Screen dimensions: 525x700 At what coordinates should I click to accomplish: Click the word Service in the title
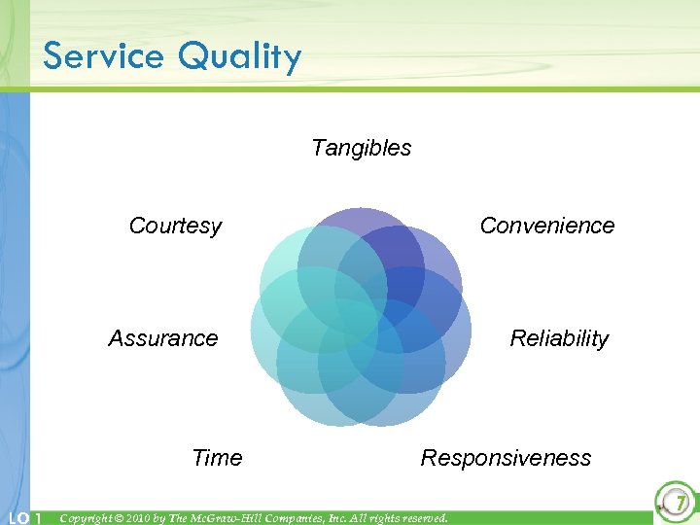click(103, 56)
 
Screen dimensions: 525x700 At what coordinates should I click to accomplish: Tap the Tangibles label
click(361, 148)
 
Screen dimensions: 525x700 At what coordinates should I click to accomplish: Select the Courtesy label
click(175, 227)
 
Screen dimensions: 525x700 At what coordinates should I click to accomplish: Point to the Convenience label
click(547, 226)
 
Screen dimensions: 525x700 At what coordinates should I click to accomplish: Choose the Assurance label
click(163, 338)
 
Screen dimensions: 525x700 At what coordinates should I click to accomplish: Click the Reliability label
click(559, 338)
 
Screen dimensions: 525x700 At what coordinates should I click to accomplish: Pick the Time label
click(217, 458)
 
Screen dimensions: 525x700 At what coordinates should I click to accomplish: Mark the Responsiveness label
click(506, 458)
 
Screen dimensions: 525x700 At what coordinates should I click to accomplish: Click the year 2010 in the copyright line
click(144, 518)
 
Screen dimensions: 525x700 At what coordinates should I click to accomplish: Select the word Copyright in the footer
click(87, 518)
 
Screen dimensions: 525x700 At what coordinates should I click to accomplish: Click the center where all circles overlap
click(362, 318)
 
